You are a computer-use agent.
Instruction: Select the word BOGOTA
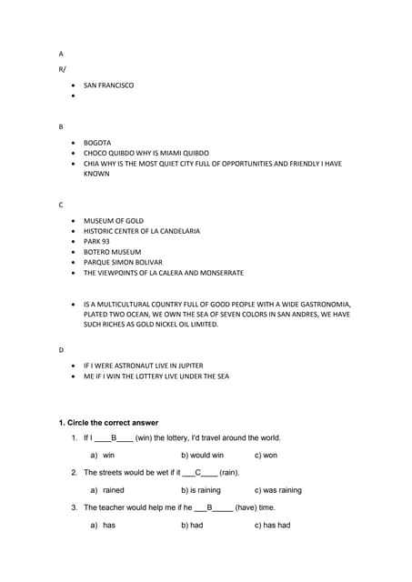pos(97,143)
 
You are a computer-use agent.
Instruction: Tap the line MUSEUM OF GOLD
pos(114,221)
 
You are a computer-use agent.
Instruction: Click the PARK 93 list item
pos(96,242)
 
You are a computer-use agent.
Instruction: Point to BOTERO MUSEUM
pos(112,252)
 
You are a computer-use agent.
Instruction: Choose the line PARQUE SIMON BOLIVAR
pos(122,262)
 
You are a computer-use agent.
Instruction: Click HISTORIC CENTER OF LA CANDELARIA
pos(142,231)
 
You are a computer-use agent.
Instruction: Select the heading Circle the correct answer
pos(108,423)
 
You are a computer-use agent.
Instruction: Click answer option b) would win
pos(202,455)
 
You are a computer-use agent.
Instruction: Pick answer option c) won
pos(266,455)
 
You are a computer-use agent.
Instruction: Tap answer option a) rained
pos(107,490)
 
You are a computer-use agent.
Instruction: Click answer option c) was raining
pos(277,490)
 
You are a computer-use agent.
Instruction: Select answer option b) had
pos(191,525)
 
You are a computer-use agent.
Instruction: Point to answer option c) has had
pos(272,525)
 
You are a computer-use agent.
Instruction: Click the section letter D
pos(62,349)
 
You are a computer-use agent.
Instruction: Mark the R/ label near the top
pos(62,68)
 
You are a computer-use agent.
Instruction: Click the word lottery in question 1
pos(171,437)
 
